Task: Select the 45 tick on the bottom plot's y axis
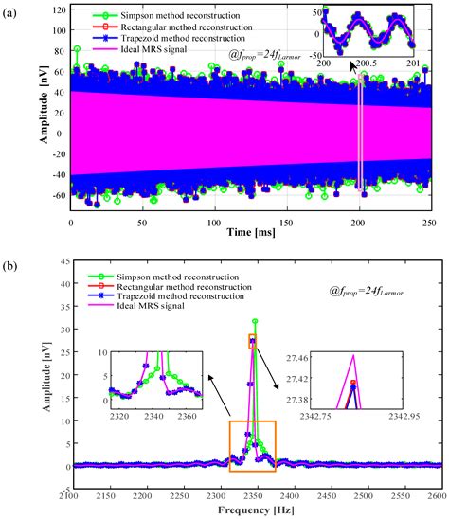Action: (57, 282)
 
